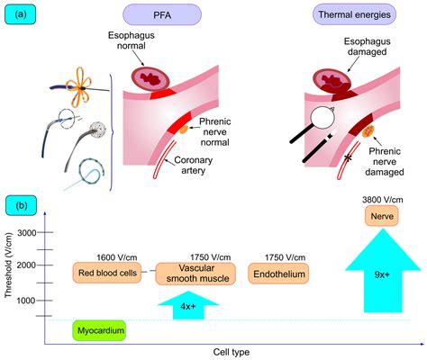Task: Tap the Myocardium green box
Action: pos(99,330)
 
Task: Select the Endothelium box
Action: pos(277,273)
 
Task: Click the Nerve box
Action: pos(381,217)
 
